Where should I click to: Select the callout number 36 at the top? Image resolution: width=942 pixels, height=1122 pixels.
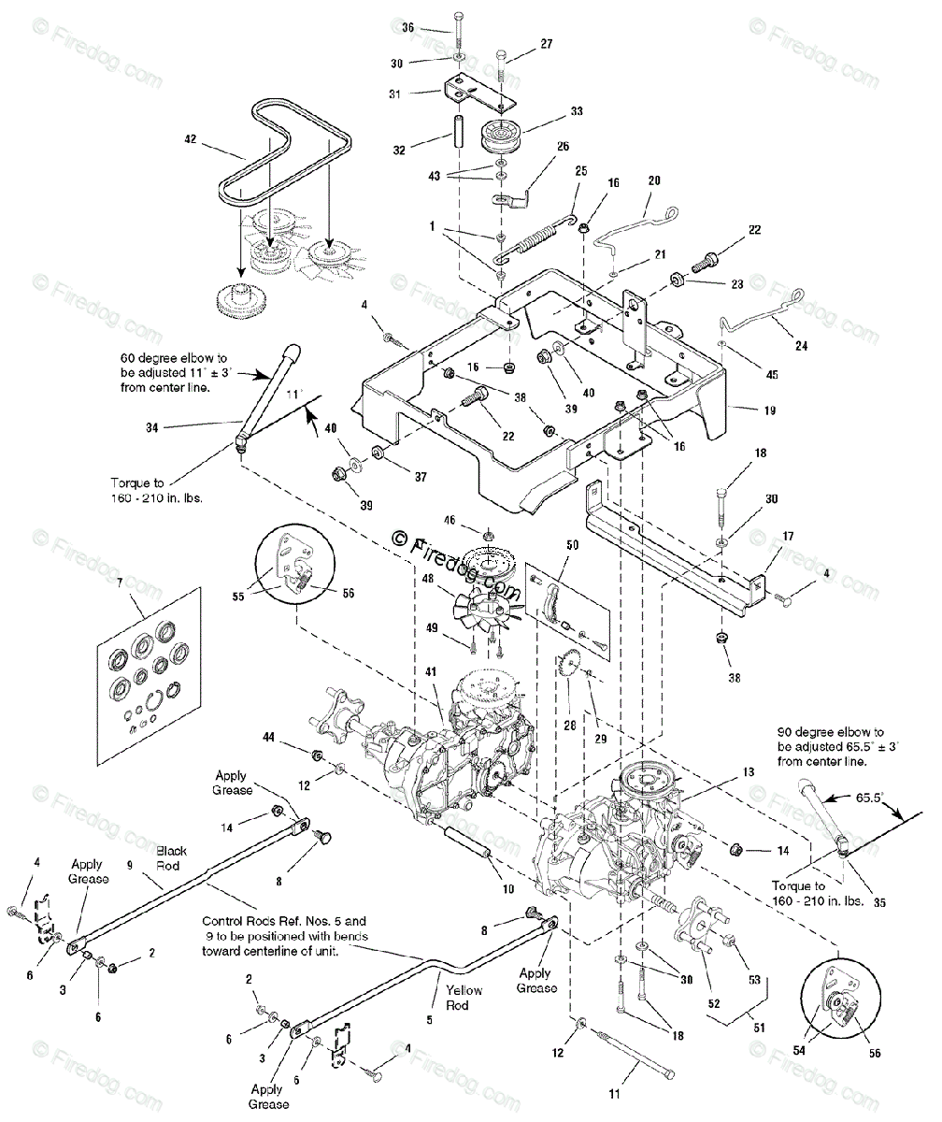coord(407,28)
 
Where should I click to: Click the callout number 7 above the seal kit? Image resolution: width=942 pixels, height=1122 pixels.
coord(119,583)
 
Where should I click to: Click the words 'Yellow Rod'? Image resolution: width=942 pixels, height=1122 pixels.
coord(464,998)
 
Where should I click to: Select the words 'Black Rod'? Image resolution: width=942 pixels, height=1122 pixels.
coord(171,857)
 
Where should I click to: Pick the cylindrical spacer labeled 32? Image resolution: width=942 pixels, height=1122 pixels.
coord(460,127)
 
